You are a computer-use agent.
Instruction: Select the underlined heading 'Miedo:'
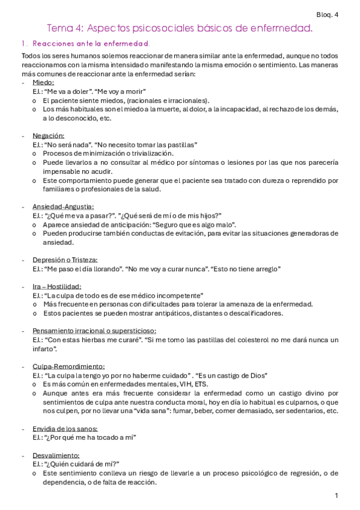(x=43, y=82)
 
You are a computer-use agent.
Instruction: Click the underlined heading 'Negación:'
(x=49, y=136)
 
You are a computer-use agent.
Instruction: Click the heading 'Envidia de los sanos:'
(x=66, y=429)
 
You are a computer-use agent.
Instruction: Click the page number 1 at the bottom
(x=337, y=496)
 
